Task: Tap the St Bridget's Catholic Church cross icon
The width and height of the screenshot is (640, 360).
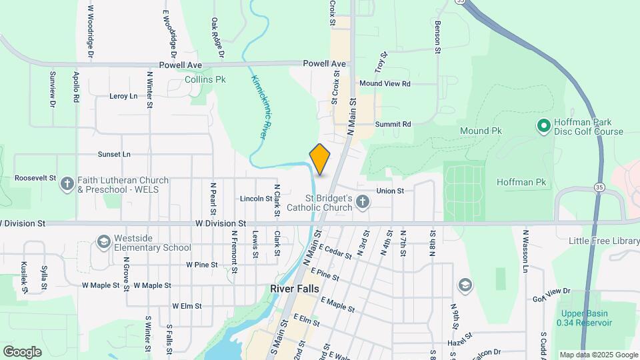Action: point(362,202)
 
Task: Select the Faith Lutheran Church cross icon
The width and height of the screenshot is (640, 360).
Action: point(67,184)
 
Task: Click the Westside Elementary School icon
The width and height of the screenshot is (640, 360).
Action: point(103,241)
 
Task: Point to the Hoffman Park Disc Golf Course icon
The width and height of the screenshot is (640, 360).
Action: point(543,125)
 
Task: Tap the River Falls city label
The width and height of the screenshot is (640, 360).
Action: point(295,289)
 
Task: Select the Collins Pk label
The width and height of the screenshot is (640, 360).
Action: point(205,79)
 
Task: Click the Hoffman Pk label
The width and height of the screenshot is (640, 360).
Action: point(521,182)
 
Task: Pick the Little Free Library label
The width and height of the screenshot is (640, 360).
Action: point(604,241)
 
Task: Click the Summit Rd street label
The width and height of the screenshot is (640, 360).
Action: point(393,124)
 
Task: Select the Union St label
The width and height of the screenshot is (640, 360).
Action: point(390,191)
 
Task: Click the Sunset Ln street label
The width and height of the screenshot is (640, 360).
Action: point(114,154)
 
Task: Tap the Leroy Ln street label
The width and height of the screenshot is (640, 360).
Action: point(123,96)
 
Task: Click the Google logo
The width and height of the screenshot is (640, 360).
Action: point(22,352)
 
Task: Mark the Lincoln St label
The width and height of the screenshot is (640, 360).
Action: point(256,199)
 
